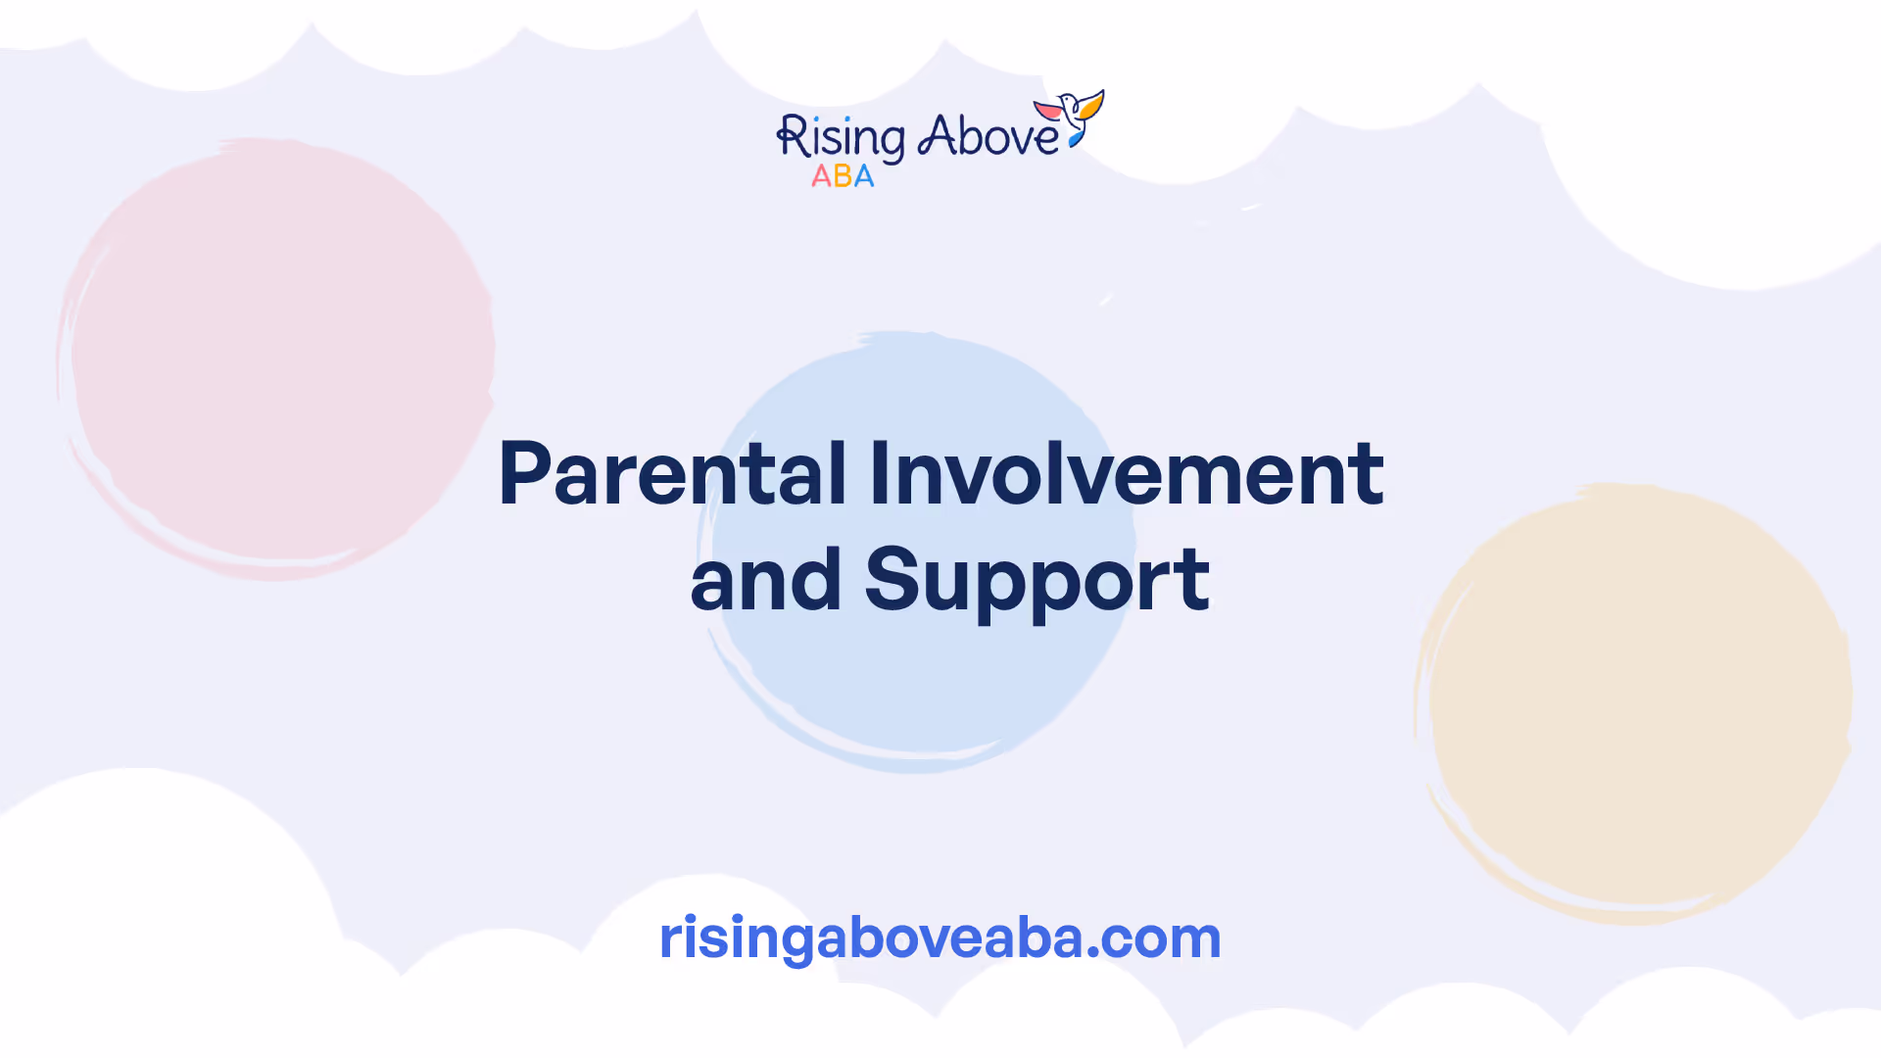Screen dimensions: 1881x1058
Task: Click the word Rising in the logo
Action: (841, 138)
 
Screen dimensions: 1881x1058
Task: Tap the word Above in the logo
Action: (989, 136)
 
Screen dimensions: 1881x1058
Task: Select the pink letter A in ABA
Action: (821, 176)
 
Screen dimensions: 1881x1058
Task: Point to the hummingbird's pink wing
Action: (1048, 109)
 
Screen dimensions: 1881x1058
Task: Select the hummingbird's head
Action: (1067, 101)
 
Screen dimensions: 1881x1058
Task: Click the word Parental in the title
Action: (672, 474)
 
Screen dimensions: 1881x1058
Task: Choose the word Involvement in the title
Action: (1127, 474)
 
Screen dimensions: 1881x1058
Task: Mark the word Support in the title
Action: (1037, 584)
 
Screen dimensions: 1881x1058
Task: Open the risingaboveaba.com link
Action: (940, 938)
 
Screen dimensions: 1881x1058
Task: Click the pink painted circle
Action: (276, 359)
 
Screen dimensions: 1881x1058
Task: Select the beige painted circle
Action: (1633, 703)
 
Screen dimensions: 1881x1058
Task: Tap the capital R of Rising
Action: (792, 137)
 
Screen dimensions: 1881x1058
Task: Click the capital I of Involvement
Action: (878, 474)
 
